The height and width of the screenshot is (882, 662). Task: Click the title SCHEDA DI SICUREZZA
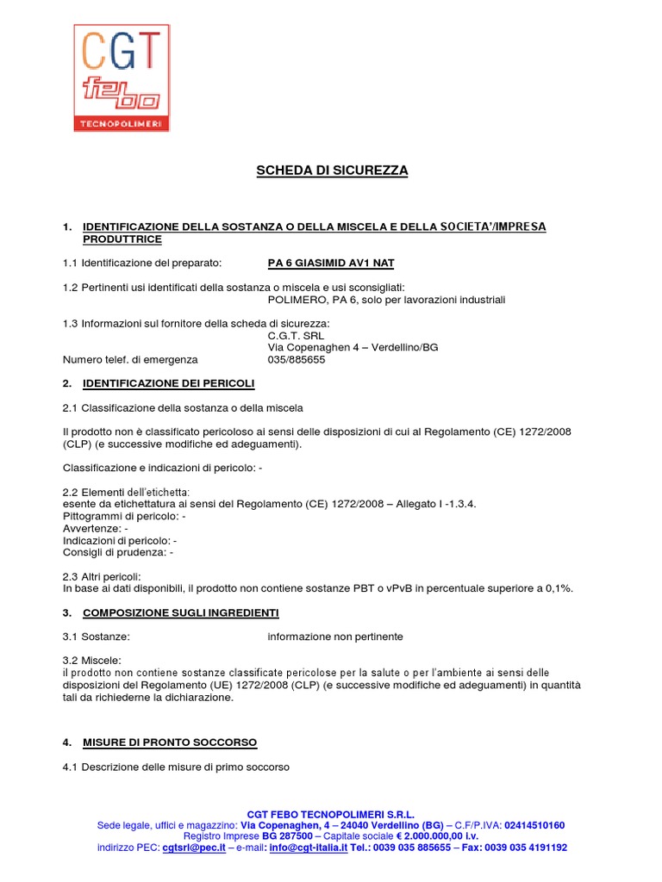point(332,171)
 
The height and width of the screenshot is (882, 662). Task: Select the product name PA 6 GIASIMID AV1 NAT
point(331,262)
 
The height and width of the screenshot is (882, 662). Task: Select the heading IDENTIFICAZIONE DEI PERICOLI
point(168,382)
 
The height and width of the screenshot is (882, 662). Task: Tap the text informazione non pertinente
point(335,637)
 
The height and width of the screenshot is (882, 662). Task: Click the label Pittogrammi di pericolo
point(122,516)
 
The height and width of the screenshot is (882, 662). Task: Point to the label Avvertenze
point(93,528)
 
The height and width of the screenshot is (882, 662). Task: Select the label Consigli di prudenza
point(116,552)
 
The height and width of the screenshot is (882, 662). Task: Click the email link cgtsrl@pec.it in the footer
point(194,848)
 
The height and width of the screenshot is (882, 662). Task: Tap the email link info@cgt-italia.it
point(309,848)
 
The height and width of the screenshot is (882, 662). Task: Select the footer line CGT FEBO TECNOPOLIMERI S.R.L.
point(331,813)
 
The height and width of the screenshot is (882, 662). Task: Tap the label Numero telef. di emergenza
point(130,359)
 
